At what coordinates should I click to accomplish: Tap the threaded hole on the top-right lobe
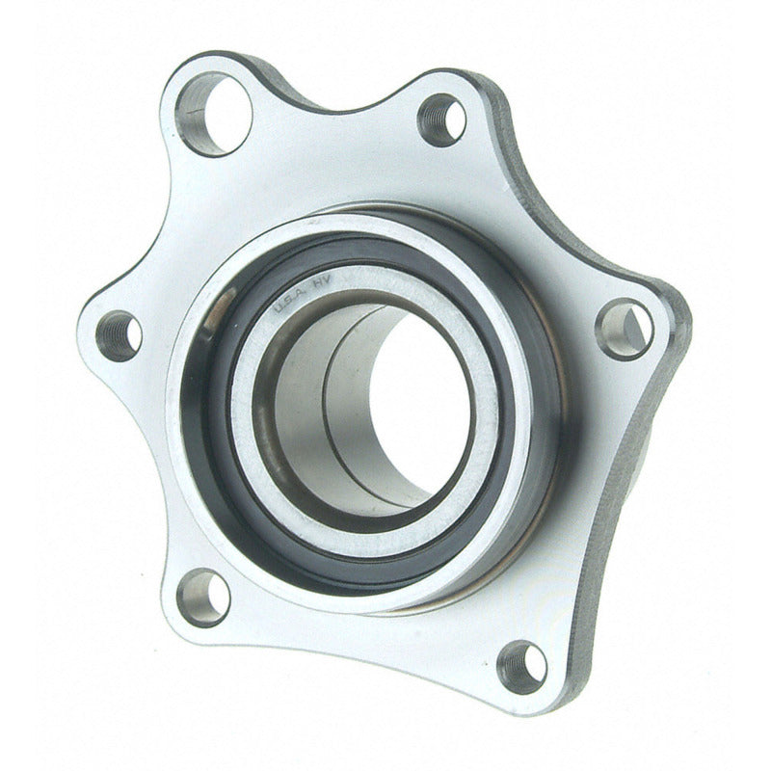(x=441, y=120)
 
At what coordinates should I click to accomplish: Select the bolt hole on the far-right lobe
(x=625, y=328)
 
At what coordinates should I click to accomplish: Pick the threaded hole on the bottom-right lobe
(x=522, y=665)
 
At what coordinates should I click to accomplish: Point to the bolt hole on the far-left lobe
(x=120, y=335)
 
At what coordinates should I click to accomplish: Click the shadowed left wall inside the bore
(x=289, y=405)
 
